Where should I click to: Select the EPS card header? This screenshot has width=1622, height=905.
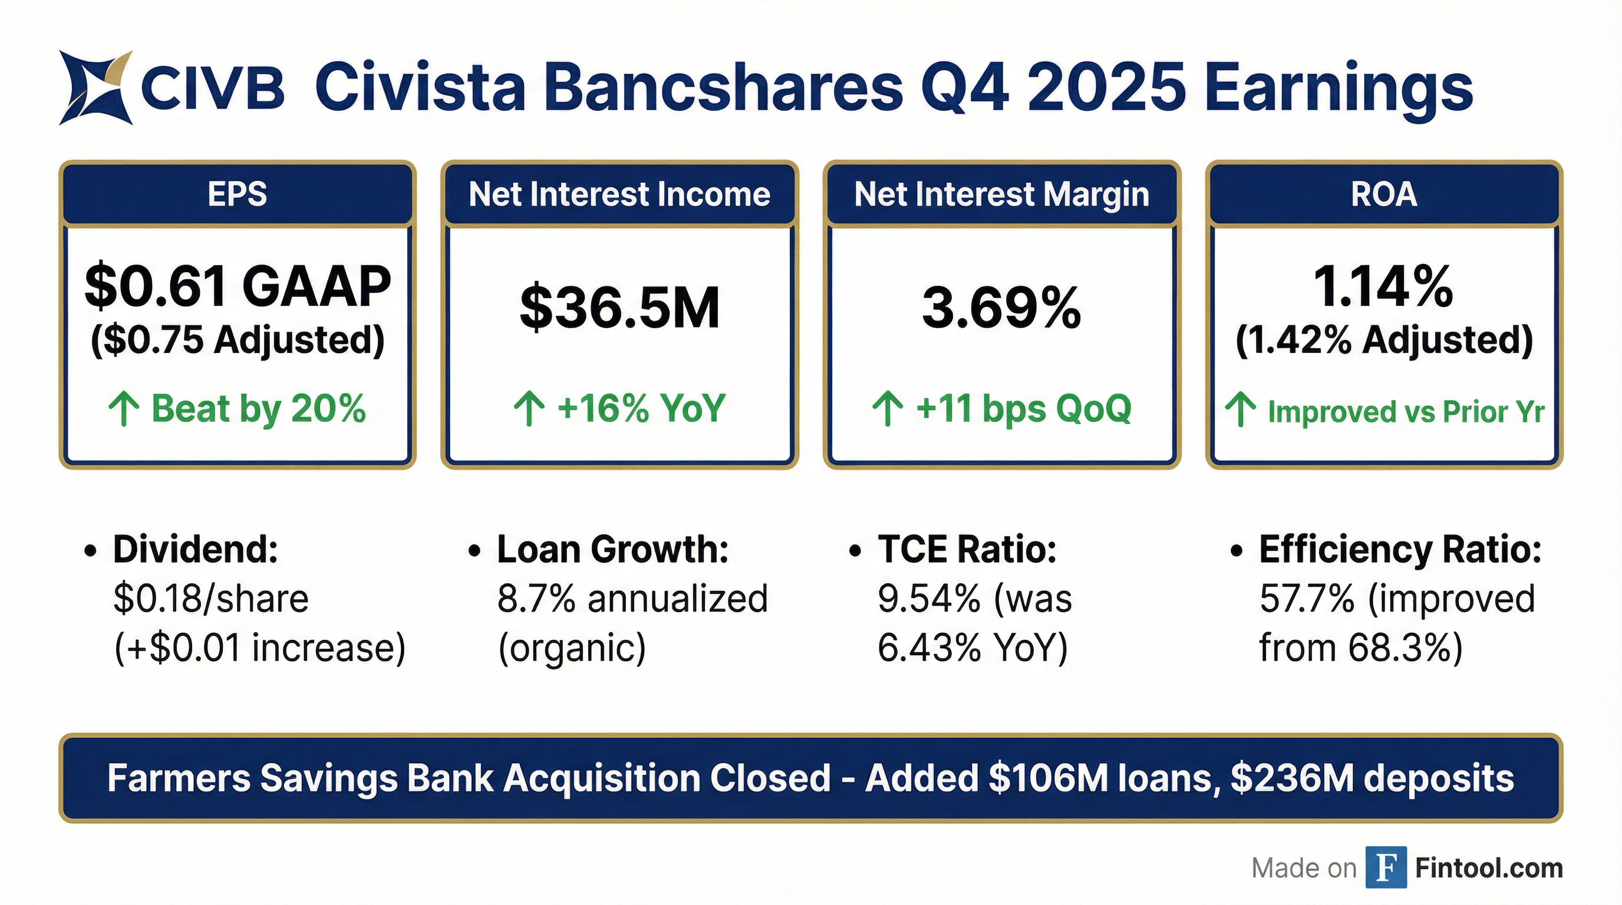[238, 193]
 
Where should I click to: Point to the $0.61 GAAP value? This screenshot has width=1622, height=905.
[238, 287]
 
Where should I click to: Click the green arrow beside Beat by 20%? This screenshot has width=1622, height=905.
[123, 409]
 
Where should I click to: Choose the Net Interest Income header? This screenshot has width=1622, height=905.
[619, 194]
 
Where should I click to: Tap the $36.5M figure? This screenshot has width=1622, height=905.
[619, 308]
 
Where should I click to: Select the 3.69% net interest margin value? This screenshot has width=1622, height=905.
[1001, 308]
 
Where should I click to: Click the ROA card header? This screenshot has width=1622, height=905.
[1384, 193]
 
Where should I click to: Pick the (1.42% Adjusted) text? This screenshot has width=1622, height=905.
[1384, 341]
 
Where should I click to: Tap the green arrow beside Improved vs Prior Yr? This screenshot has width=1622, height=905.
[1241, 409]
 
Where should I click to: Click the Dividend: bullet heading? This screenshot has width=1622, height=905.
[195, 549]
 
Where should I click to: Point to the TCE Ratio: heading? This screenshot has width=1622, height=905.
[967, 549]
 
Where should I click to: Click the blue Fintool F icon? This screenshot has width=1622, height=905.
[1386, 867]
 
